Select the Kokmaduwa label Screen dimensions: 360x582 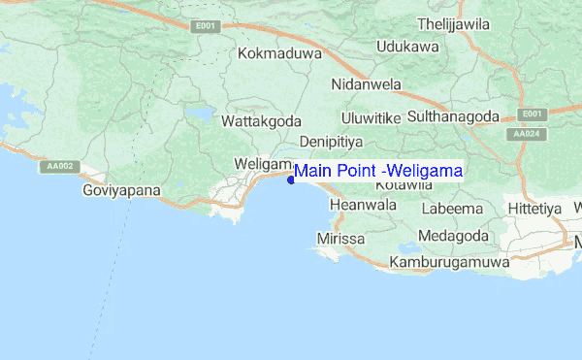[x=279, y=53]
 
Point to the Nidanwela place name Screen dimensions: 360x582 [x=366, y=84]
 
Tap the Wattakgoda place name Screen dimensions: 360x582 [x=261, y=122]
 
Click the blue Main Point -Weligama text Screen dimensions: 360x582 [x=378, y=172]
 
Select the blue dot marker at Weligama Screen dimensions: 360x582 [x=291, y=180]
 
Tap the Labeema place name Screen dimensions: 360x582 [x=452, y=209]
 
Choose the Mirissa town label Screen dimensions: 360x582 [x=340, y=239]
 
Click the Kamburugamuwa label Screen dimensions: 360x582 [x=449, y=263]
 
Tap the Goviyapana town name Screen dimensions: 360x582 [x=121, y=191]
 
